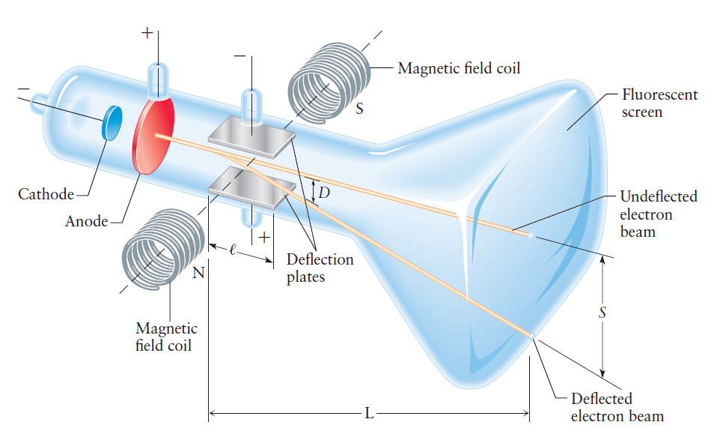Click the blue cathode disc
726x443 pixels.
(x=112, y=123)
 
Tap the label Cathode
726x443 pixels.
(x=46, y=195)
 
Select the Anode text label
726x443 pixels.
(x=87, y=221)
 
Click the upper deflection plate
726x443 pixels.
(x=251, y=133)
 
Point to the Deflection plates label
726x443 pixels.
(x=320, y=268)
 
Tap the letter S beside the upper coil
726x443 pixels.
(x=360, y=109)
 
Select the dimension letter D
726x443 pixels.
(x=323, y=193)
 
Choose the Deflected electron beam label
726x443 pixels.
(x=617, y=407)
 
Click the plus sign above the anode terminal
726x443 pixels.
(x=147, y=34)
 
